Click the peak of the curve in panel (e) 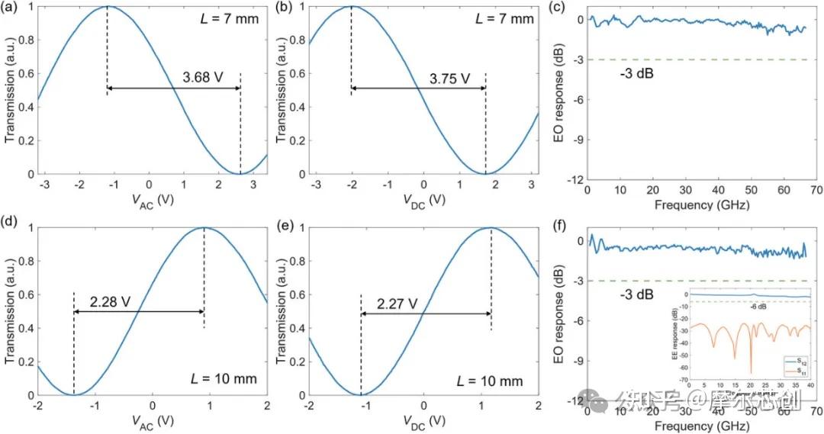491,228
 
